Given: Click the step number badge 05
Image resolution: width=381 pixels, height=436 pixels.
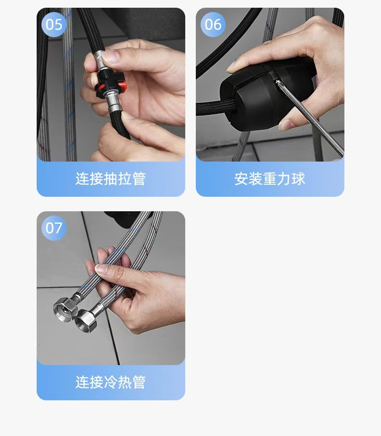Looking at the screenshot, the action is point(54,25).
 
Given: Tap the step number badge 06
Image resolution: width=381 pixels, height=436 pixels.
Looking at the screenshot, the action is point(213,25).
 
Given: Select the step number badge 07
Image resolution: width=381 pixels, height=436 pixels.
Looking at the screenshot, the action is point(54,228).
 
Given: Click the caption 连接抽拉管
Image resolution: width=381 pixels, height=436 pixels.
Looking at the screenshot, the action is point(111,178).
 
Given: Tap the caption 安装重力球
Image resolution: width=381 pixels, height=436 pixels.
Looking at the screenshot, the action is point(270,178).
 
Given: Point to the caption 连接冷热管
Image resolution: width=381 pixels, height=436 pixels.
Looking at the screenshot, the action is point(111,382).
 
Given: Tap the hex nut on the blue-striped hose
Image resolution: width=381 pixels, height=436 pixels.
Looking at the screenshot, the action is point(65,308).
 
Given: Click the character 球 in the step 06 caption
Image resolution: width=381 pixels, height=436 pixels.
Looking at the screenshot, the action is point(299,178).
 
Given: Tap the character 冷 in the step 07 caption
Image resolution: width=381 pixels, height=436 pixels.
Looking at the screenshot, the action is point(111,382).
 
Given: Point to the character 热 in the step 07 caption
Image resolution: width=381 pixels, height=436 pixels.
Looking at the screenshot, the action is point(125,382).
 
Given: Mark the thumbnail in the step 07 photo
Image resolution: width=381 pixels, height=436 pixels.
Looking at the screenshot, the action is point(101,268).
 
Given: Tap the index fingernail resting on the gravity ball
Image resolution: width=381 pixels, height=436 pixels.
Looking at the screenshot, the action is point(231,67).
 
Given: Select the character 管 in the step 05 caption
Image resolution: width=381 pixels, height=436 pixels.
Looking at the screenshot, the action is point(139,178).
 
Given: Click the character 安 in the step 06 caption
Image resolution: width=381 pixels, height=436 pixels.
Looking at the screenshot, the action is point(241,178).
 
